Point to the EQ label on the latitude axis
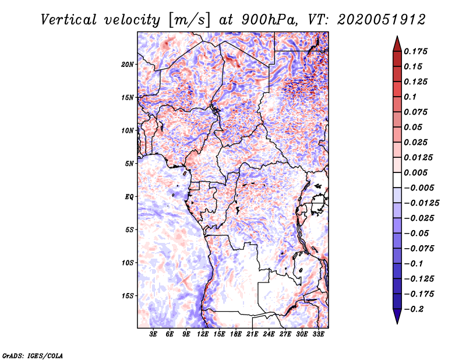click(130, 197)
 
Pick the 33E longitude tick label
click(318, 334)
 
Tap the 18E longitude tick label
click(236, 334)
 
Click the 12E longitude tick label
click(203, 334)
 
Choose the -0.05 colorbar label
click(417, 233)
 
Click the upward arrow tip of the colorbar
click(396, 37)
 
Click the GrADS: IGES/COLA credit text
click(32, 355)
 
